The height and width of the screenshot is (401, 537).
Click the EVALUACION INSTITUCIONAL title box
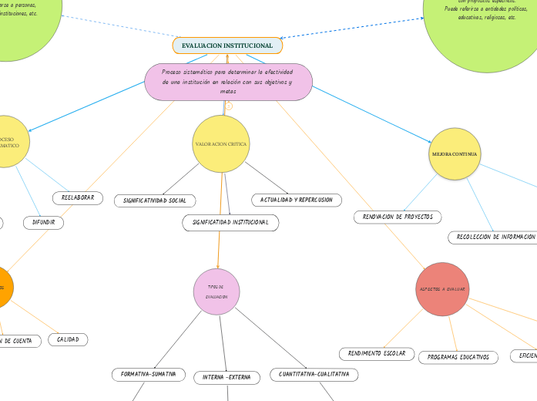click(227, 46)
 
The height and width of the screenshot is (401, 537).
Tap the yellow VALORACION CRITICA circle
click(221, 144)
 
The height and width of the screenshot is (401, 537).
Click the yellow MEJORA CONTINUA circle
click(455, 154)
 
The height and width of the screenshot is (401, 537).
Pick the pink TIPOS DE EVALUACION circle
click(216, 291)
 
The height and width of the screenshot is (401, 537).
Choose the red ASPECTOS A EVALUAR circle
click(442, 289)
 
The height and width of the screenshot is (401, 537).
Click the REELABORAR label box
click(78, 198)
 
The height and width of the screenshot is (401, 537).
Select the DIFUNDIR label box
click(43, 223)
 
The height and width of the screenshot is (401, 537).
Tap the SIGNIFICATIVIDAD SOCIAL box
click(155, 200)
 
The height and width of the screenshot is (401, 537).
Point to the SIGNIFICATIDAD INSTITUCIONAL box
click(230, 223)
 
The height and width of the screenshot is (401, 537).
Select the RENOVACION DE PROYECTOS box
click(398, 217)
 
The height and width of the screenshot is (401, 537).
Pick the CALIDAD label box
click(68, 339)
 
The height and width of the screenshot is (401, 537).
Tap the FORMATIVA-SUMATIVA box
click(149, 374)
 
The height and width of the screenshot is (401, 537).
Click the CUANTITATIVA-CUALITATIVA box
click(314, 374)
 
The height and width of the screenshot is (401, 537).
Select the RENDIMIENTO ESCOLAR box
click(377, 353)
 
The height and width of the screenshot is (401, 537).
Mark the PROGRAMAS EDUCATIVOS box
click(458, 357)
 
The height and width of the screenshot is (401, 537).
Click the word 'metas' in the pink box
click(228, 91)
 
